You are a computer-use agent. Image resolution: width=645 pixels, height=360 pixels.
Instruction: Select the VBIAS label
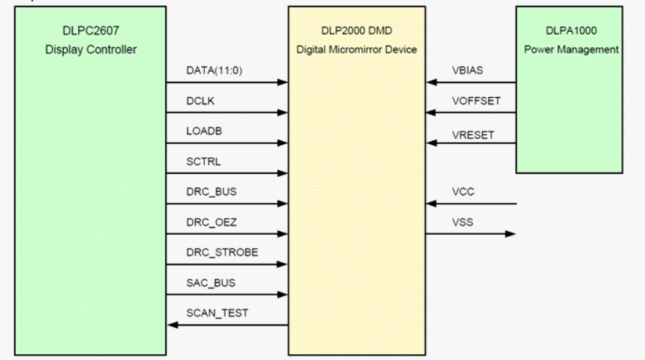click(x=464, y=71)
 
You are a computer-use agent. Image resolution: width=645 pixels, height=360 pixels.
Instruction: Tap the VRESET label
click(x=468, y=133)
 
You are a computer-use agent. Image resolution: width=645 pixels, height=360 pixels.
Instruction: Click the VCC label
click(x=460, y=193)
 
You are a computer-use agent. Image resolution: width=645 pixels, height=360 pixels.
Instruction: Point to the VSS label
click(x=460, y=223)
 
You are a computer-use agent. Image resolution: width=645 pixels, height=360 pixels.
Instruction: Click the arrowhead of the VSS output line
click(x=511, y=234)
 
